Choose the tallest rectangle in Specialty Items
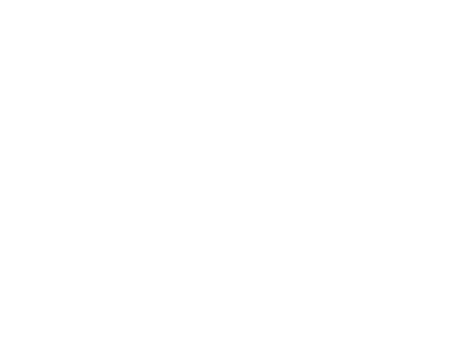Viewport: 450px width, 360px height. (x=400, y=299)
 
